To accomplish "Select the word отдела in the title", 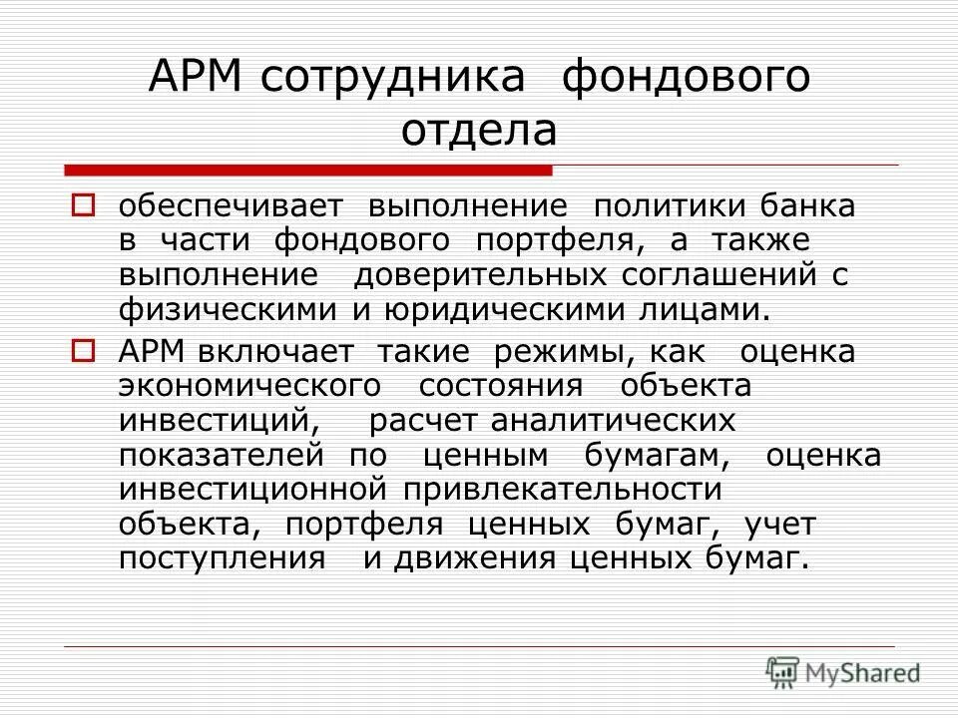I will (x=480, y=132).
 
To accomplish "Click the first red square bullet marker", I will (x=84, y=206).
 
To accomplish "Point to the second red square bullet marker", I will (x=84, y=350).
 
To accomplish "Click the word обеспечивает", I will (x=231, y=207).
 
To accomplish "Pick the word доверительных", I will (x=480, y=274).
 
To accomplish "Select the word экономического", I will (x=249, y=386).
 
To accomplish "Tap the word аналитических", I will (x=612, y=420).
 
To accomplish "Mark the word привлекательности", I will (x=562, y=489).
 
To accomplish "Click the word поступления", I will (x=222, y=556).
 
